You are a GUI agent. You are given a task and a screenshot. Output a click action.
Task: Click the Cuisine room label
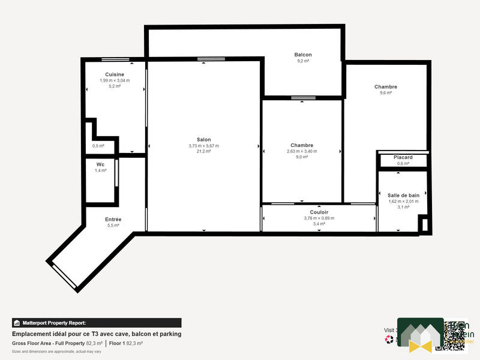[x=114, y=74]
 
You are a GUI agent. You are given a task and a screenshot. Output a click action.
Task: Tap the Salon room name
[x=203, y=140]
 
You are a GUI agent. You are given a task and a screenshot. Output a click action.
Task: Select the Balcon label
[x=303, y=55]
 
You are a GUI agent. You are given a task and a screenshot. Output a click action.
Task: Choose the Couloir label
[x=319, y=212]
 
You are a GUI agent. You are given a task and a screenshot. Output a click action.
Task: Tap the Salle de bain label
[x=403, y=196]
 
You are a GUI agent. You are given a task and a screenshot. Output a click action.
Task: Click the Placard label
[x=403, y=157]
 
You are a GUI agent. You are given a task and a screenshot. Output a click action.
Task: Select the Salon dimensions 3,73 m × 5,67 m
[x=203, y=146]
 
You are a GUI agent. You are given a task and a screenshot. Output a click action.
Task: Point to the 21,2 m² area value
[x=203, y=151]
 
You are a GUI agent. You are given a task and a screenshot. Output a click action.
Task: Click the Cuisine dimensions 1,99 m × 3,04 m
[x=114, y=80]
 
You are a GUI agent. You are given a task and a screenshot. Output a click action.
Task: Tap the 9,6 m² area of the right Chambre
[x=385, y=93]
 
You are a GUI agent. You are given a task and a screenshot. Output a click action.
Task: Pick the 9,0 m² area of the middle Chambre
[x=302, y=157]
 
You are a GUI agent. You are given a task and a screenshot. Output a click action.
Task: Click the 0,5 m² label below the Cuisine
[x=98, y=146]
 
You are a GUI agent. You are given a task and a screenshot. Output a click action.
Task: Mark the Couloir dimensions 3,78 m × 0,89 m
[x=319, y=218]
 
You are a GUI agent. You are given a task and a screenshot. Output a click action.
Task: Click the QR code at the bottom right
[x=451, y=335]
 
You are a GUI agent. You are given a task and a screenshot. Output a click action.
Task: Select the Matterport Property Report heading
[x=53, y=323]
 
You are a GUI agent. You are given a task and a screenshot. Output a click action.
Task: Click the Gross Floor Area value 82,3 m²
[x=94, y=343]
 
